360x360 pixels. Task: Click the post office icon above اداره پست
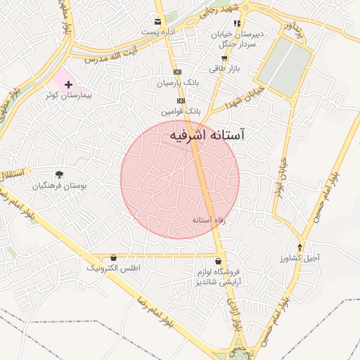[x=159, y=22]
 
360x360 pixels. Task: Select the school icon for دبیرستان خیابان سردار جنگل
[x=237, y=23]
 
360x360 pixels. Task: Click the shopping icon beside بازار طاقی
[x=224, y=58]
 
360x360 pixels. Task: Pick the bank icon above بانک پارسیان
[x=177, y=72]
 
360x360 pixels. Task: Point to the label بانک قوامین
[x=181, y=111]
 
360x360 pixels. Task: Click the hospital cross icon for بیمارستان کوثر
[x=67, y=84]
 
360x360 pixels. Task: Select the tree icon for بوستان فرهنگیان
[x=59, y=174]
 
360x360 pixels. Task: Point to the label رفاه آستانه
[x=208, y=220]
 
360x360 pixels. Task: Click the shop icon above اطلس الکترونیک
[x=114, y=258]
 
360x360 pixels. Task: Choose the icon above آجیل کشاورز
[x=301, y=247]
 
